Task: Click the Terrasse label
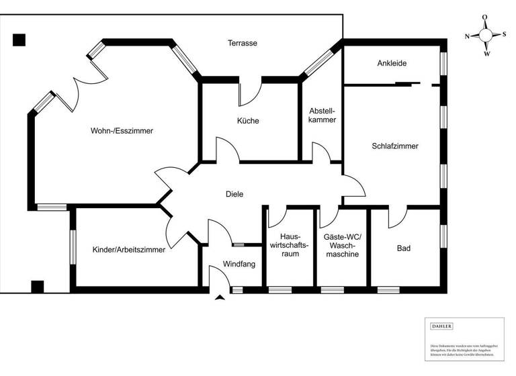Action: point(242,43)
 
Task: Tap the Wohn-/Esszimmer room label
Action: point(122,131)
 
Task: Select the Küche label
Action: point(247,121)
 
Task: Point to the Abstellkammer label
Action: point(322,115)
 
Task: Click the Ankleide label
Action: point(392,64)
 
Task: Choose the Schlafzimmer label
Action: point(395,146)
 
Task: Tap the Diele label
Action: point(234,194)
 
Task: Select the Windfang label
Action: point(239,265)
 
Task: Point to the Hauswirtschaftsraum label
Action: point(289,245)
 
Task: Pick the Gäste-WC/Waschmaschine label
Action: point(341,245)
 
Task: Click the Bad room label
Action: point(403,248)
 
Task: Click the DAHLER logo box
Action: point(441,326)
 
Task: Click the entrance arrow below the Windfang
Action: point(219,297)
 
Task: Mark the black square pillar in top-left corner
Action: point(19,40)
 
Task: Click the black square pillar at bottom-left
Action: point(38,287)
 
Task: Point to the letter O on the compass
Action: point(485,18)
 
